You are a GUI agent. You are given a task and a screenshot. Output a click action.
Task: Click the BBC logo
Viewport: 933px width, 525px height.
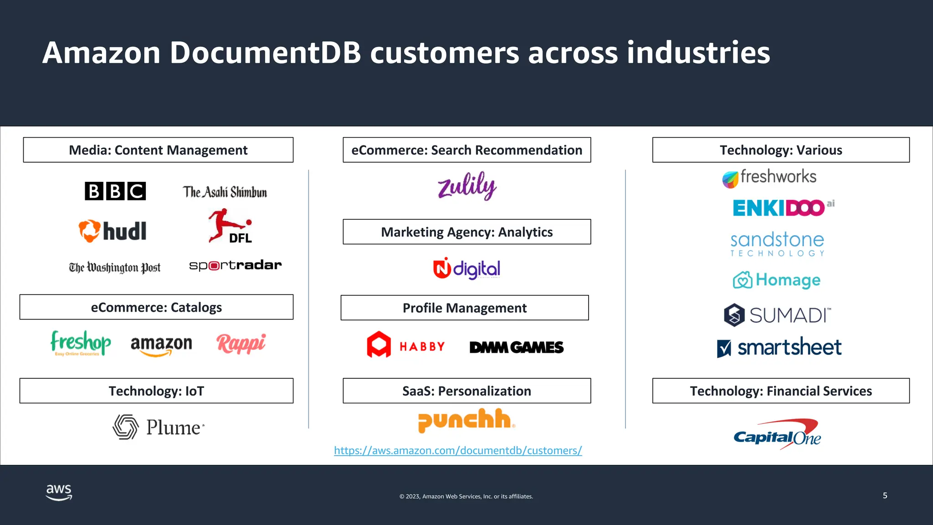115,191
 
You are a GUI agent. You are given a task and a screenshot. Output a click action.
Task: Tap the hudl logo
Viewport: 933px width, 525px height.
113,231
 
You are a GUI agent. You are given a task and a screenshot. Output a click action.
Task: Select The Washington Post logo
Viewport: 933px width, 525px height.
115,268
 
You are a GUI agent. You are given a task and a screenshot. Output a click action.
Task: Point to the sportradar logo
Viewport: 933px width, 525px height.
235,265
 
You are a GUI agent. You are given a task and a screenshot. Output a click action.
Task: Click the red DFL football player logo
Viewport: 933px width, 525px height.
230,226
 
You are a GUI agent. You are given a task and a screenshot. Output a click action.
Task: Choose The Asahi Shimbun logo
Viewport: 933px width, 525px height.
225,192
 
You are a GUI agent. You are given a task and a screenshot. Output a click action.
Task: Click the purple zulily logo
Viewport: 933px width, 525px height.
467,186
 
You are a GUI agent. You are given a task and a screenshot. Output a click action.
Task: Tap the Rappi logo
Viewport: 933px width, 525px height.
241,344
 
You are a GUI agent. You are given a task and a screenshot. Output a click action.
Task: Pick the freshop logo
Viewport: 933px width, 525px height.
81,343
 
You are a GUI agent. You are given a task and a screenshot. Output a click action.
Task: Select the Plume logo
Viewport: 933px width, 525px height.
159,427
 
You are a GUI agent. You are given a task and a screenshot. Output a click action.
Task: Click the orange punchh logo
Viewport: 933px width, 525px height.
466,420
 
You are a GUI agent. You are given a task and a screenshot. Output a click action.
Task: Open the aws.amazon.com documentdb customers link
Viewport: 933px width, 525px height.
458,450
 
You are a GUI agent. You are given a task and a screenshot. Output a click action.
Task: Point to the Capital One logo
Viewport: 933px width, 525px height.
777,435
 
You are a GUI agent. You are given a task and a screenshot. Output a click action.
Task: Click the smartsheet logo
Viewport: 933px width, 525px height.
779,348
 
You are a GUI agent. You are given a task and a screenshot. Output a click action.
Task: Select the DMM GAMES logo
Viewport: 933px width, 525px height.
517,347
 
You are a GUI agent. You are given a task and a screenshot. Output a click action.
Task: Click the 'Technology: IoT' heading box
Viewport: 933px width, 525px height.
156,391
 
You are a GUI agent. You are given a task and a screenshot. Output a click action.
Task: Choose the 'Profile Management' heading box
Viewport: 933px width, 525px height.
465,308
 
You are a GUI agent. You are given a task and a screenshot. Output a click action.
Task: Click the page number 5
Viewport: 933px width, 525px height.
885,495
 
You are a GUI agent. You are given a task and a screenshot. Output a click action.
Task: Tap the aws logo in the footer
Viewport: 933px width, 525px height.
59,492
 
